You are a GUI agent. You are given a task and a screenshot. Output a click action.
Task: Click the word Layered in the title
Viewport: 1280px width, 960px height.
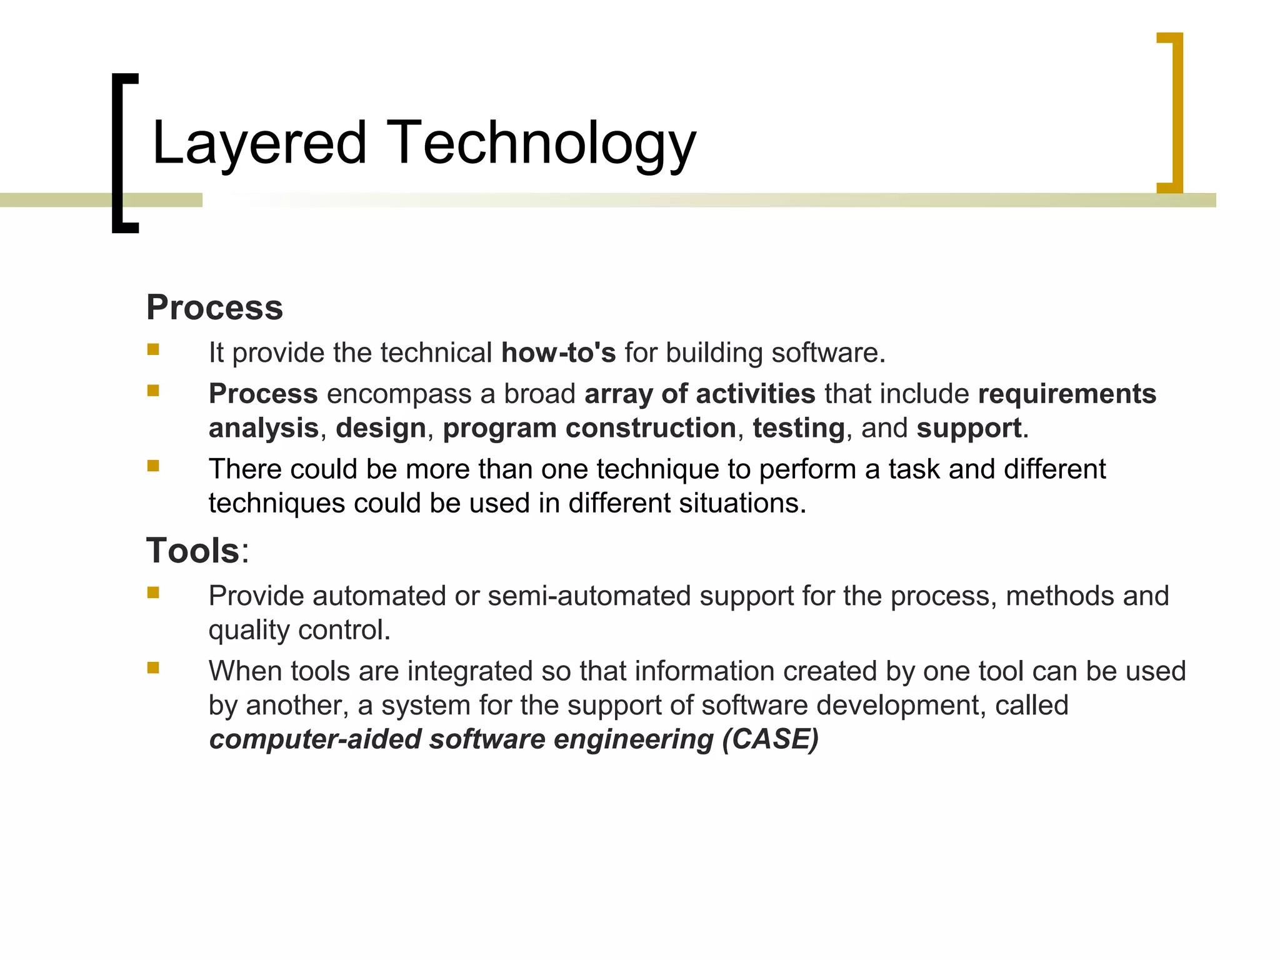click(x=258, y=144)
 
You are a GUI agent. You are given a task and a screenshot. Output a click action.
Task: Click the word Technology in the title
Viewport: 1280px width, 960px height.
click(x=541, y=144)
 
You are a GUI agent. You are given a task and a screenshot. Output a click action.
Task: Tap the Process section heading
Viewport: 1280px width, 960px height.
click(x=214, y=307)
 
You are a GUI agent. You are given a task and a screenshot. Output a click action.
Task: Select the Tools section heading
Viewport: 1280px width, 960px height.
click(x=192, y=551)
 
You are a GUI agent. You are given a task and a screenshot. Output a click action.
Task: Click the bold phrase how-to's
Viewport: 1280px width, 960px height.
click(x=558, y=352)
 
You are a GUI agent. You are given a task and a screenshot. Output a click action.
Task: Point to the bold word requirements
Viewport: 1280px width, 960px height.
click(x=1067, y=394)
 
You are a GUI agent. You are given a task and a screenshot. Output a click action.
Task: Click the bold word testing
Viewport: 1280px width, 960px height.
click(x=798, y=428)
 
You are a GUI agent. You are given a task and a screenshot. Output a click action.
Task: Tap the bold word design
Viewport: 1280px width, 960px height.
click(x=381, y=428)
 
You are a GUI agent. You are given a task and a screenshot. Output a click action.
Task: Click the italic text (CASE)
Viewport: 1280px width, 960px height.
click(x=770, y=739)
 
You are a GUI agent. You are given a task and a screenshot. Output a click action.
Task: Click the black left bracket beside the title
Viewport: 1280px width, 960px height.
click(x=124, y=153)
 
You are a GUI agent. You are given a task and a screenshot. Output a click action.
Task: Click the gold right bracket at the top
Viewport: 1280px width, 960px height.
click(x=1171, y=112)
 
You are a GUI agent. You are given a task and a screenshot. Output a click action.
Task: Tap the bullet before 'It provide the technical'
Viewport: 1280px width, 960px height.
click(x=153, y=349)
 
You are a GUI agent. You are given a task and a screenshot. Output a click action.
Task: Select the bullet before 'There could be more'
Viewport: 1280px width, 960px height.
click(x=153, y=466)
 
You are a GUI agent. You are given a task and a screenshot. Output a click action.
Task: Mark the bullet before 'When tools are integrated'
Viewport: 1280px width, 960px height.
click(x=153, y=668)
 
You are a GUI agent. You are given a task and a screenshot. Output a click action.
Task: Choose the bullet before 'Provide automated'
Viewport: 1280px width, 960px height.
click(x=153, y=592)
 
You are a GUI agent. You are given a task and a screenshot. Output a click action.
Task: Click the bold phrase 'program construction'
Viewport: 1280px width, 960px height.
click(x=589, y=428)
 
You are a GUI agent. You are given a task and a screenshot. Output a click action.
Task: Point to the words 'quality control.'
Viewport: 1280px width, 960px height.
click(x=299, y=630)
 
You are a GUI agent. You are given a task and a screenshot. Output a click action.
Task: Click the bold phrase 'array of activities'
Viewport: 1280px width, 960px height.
click(x=700, y=394)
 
